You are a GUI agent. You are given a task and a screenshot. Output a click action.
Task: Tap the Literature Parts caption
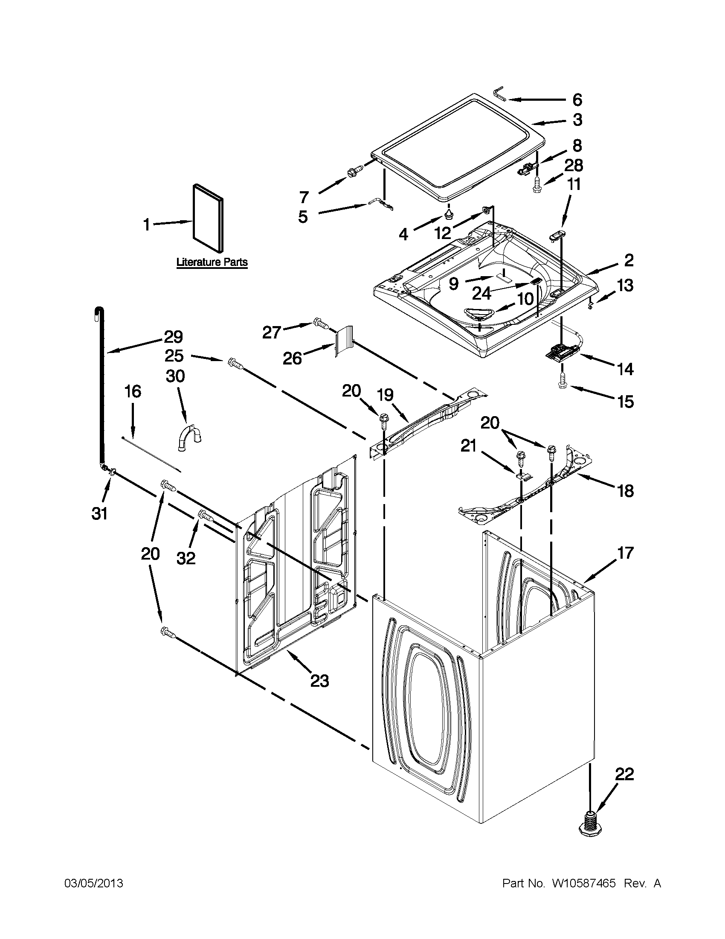point(212,262)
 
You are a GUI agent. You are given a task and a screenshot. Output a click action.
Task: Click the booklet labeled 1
point(208,219)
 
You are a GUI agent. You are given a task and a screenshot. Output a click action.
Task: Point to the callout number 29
point(173,336)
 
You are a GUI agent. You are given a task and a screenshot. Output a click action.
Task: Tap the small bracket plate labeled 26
point(344,341)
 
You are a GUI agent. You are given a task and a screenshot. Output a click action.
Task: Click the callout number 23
point(319,681)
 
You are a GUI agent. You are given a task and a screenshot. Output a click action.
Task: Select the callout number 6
point(577,100)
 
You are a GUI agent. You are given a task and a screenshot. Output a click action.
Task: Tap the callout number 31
point(100,513)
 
